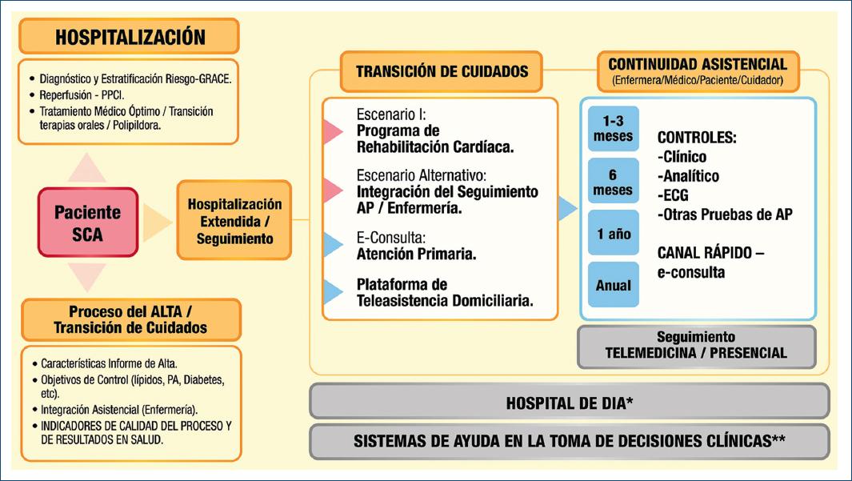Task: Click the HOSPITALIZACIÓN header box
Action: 130,36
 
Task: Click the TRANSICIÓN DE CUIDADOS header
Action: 442,71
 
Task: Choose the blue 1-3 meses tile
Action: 613,129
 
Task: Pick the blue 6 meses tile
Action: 613,182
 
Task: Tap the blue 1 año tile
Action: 613,234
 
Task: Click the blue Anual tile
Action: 613,285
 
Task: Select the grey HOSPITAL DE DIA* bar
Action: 569,402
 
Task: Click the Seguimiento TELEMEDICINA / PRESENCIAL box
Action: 696,345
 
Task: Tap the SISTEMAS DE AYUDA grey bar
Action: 569,441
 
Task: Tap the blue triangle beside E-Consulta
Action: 333,244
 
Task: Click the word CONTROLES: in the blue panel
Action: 697,138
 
